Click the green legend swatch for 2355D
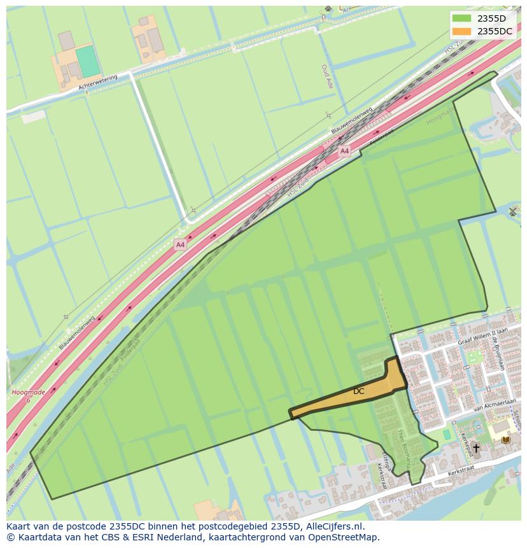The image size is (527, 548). tap(462, 18)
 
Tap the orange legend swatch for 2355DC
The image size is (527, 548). tap(462, 31)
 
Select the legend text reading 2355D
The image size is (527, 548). tap(491, 18)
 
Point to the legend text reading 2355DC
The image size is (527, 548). tap(495, 31)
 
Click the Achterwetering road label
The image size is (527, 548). tap(98, 82)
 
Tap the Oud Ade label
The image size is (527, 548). tap(325, 75)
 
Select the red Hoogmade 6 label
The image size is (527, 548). tap(28, 395)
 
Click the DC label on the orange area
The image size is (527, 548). tap(359, 391)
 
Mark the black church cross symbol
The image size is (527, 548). tap(475, 449)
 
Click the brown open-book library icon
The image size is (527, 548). tap(506, 439)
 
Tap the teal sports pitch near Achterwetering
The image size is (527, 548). tap(88, 62)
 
